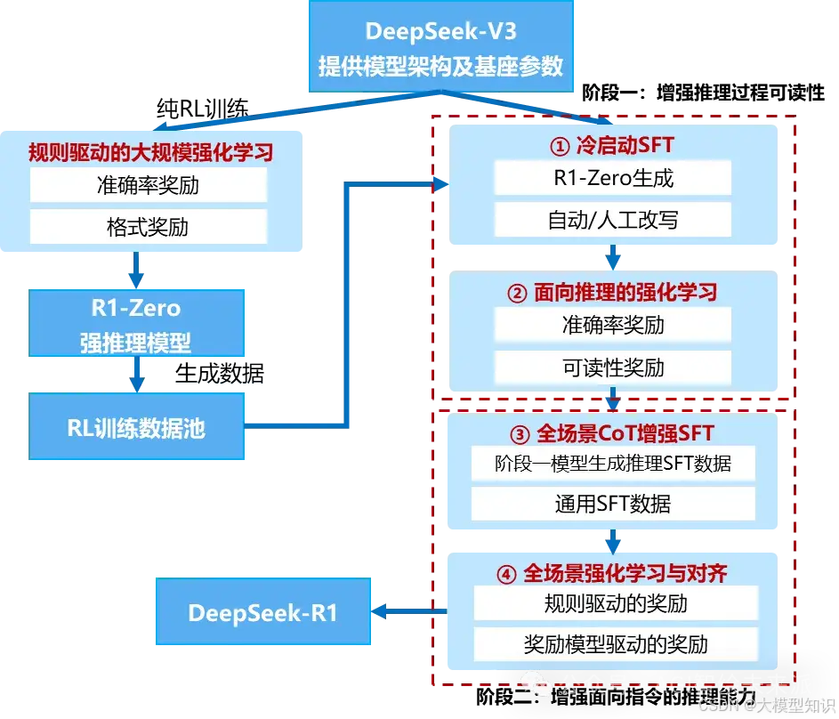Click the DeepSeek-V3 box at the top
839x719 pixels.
(441, 47)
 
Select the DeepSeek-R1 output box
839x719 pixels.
(262, 613)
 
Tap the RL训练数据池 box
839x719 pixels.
(136, 428)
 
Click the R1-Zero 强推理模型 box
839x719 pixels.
(136, 325)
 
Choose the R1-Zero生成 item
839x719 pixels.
(613, 178)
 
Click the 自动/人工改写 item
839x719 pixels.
(613, 219)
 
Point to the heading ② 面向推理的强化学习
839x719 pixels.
(613, 292)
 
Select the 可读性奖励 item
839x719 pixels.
(613, 368)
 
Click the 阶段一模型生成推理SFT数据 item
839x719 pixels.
(613, 464)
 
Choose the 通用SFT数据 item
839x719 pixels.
(613, 504)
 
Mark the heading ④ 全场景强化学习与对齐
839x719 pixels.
(613, 572)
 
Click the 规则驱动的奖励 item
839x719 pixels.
(616, 603)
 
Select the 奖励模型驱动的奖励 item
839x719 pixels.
(616, 643)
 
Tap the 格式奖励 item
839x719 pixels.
(148, 227)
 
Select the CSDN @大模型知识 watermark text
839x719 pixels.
(764, 704)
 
